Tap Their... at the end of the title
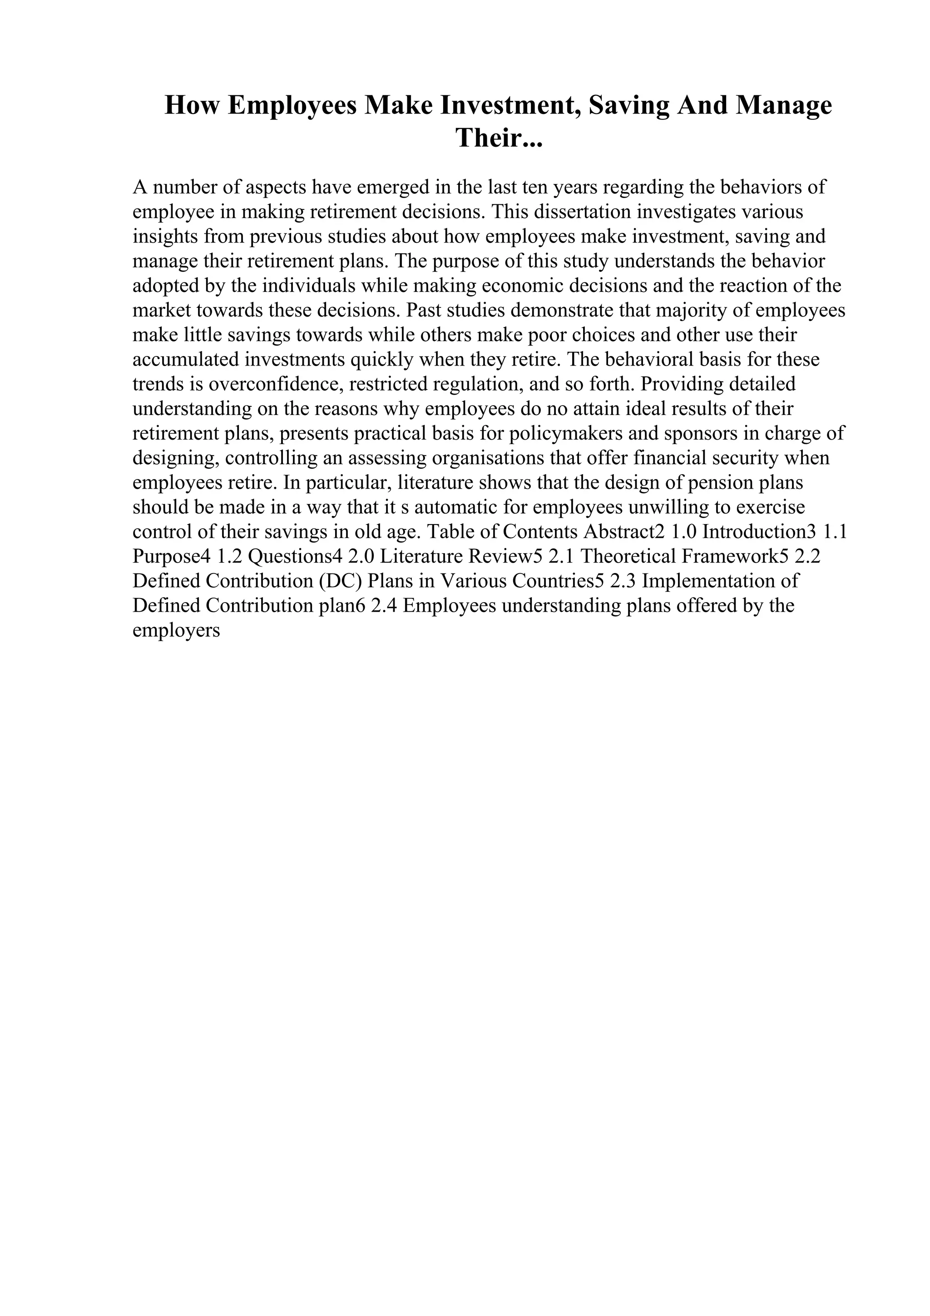(x=499, y=138)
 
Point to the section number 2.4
(x=384, y=606)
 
